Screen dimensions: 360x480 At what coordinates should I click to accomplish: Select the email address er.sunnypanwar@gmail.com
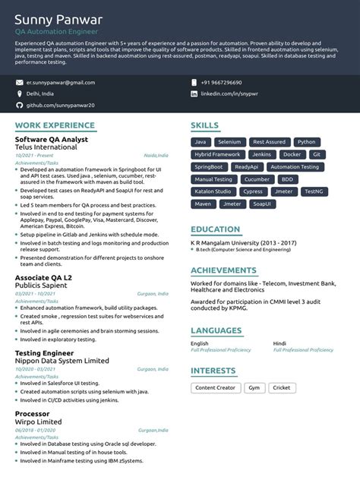[x=61, y=82]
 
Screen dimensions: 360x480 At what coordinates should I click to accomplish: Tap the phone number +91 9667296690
[x=222, y=82]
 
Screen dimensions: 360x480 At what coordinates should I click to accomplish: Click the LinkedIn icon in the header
[x=194, y=93]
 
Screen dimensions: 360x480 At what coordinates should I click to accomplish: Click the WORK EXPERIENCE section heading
[x=55, y=125]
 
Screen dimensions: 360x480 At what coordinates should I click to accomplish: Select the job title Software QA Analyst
[x=52, y=140]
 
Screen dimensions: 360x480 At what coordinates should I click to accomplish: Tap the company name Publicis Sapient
[x=47, y=285]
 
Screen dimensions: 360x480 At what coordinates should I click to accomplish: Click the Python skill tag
[x=306, y=142]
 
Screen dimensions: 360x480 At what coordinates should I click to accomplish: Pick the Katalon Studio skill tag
[x=213, y=191]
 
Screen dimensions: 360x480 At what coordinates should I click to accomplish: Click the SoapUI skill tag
[x=262, y=204]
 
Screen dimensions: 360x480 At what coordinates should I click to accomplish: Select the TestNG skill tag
[x=313, y=191]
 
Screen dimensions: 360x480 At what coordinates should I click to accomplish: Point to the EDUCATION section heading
[x=216, y=229]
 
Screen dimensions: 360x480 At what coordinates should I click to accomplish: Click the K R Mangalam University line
[x=243, y=242]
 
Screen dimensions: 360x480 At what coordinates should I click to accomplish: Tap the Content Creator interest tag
[x=215, y=387]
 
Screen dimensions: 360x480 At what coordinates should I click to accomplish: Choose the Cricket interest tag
[x=281, y=387]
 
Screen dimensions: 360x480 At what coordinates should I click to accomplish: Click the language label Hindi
[x=279, y=343]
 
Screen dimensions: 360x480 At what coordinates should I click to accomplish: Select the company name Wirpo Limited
[x=39, y=422]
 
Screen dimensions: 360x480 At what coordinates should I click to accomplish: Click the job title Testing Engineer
[x=44, y=353]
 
